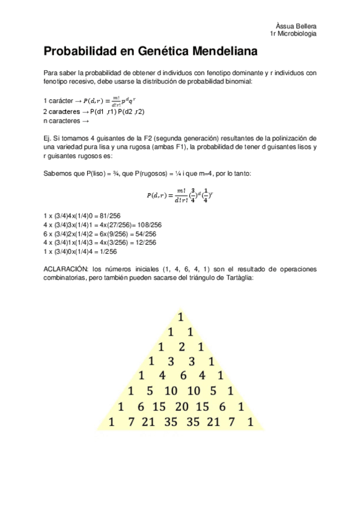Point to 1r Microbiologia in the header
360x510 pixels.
click(x=294, y=34)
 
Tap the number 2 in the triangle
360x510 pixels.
click(x=182, y=346)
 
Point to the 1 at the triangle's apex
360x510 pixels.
click(x=180, y=316)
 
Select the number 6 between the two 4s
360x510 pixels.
click(x=181, y=376)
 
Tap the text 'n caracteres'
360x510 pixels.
click(x=63, y=121)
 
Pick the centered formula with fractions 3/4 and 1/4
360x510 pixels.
click(x=180, y=195)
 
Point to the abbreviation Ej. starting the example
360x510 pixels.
click(x=48, y=138)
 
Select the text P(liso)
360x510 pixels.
click(x=89, y=173)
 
